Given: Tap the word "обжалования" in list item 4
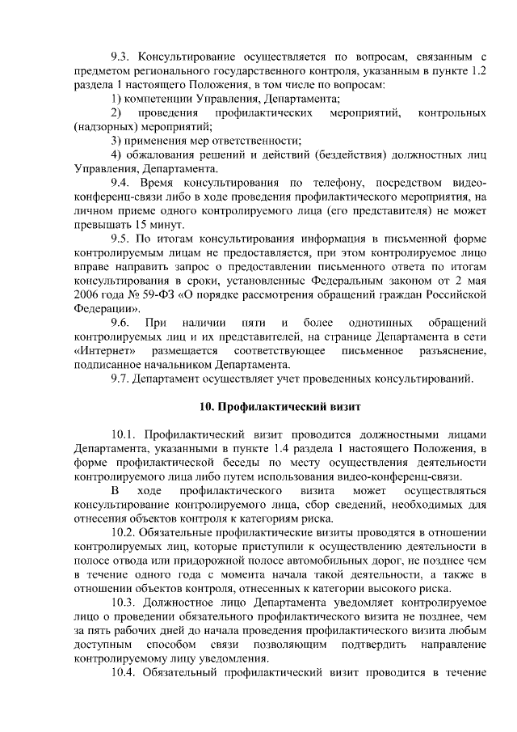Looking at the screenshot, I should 159,154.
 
